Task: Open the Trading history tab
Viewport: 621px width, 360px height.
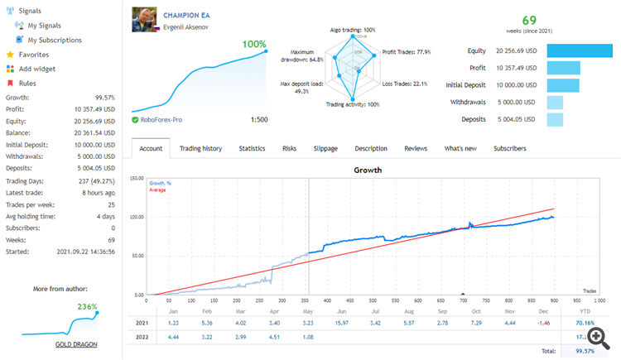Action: point(200,148)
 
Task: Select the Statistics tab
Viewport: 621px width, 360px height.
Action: point(252,148)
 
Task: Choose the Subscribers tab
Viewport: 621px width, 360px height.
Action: point(510,148)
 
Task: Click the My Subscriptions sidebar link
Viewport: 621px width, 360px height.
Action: point(55,40)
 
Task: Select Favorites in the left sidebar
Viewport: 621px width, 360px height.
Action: point(33,55)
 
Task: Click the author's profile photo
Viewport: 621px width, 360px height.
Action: point(144,20)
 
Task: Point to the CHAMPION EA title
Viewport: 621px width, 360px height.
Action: point(186,15)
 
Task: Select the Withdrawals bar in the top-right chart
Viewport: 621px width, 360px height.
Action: point(555,103)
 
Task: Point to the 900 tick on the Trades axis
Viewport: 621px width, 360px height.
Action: point(554,300)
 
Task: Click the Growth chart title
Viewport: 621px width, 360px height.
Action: point(368,170)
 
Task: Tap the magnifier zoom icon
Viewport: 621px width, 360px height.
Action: point(596,337)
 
